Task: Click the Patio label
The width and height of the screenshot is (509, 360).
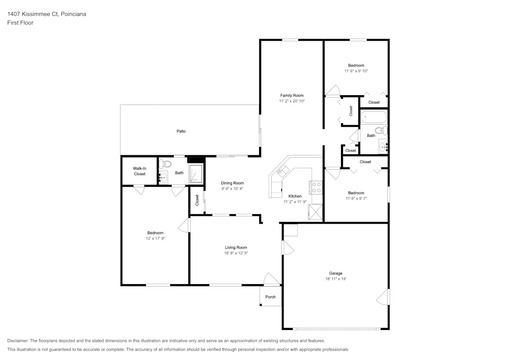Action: [181, 131]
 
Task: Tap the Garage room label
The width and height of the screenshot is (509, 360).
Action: [335, 273]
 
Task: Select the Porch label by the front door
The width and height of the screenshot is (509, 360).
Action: [270, 297]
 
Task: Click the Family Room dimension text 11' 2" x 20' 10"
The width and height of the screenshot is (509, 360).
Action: [292, 101]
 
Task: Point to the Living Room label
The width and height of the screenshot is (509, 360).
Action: [236, 247]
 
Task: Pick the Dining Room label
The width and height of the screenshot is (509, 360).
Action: [233, 183]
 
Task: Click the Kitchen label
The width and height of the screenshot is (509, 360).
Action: [295, 196]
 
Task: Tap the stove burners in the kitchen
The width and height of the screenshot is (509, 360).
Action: [316, 187]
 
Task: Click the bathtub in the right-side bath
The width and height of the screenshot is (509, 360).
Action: [374, 117]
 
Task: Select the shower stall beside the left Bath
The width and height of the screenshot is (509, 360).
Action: [196, 173]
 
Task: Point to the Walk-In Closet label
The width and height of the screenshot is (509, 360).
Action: [139, 171]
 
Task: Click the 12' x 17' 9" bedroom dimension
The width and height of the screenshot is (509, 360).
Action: [155, 238]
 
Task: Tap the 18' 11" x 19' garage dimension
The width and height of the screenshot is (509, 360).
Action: [335, 279]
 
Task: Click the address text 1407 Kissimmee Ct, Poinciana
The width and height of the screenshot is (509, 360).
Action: [46, 14]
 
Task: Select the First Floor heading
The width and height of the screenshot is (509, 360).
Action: [20, 23]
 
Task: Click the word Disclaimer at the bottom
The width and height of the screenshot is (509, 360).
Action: [18, 341]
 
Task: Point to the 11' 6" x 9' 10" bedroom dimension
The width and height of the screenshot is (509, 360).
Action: [356, 71]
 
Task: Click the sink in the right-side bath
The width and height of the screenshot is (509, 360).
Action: [383, 148]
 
